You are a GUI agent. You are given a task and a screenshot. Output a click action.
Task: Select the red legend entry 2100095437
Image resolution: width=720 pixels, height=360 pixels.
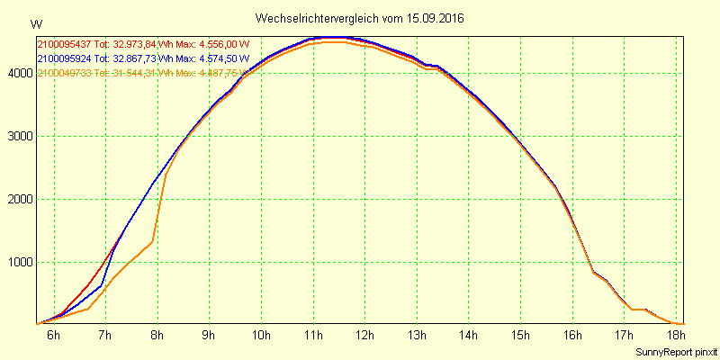coord(64,44)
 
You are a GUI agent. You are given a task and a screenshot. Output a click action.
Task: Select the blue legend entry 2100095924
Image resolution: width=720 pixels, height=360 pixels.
coord(64,58)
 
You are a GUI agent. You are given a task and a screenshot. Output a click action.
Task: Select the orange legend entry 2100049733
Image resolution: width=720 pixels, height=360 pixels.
coord(64,73)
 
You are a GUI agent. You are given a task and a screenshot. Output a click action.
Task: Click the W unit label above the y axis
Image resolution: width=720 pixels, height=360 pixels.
coord(35,24)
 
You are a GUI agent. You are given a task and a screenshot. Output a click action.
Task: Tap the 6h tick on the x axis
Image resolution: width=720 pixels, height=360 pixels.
coord(54,336)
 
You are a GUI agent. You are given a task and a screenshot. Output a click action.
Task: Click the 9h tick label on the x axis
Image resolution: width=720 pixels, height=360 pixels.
coord(210,336)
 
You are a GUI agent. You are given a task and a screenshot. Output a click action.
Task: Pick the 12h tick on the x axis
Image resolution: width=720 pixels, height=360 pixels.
coord(365,336)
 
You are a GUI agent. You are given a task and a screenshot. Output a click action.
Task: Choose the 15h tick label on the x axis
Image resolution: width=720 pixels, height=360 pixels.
coord(520,336)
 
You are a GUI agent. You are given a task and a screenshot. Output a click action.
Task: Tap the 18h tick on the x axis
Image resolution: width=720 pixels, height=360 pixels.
coord(676,336)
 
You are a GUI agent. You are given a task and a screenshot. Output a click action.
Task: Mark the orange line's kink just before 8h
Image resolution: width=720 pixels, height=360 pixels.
coord(152,241)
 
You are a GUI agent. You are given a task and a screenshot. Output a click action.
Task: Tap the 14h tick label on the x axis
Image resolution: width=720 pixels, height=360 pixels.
coord(469,336)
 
